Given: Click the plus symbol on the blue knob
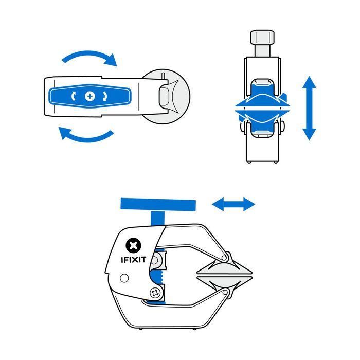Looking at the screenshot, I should [x=91, y=96].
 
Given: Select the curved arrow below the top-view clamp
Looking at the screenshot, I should [x=86, y=136].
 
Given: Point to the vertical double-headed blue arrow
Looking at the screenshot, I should [x=309, y=108].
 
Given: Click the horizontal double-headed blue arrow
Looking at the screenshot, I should [x=233, y=205].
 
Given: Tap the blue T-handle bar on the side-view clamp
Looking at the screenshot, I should [x=158, y=205].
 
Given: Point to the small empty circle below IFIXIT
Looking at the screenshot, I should [x=123, y=278].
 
